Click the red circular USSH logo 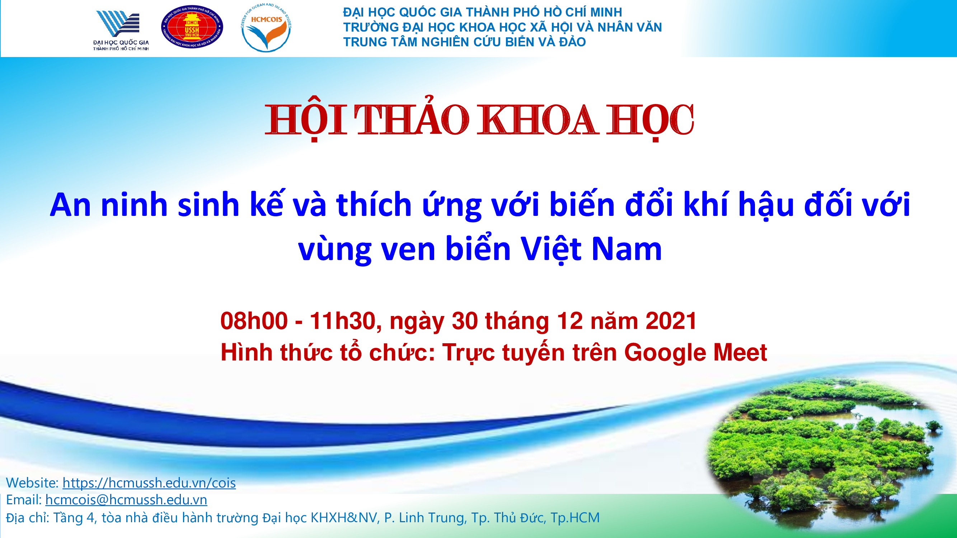coord(192,27)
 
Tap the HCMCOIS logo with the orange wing coord(266,28)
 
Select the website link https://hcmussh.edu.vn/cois coord(149,483)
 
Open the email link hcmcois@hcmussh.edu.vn coord(126,500)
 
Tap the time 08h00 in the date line coord(254,320)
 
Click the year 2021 coord(671,320)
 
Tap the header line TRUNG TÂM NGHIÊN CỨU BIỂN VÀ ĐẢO coord(464,42)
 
